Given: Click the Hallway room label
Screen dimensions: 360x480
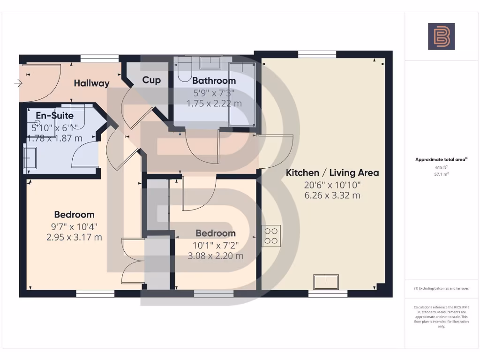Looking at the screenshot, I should click(x=91, y=83).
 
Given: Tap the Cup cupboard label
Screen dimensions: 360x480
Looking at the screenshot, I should click(x=151, y=80).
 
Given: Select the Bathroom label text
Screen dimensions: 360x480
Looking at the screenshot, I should click(x=214, y=81).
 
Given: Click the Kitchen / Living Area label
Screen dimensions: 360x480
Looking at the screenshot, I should click(x=332, y=172).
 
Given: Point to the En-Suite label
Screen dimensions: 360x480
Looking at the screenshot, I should click(x=54, y=115).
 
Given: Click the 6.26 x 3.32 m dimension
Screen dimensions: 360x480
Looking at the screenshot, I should click(x=332, y=195).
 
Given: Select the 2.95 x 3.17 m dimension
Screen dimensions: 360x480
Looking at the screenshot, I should click(x=74, y=237).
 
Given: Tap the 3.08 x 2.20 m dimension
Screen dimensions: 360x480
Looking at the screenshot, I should click(x=216, y=256).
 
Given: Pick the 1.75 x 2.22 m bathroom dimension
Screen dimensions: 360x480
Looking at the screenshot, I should click(x=214, y=104).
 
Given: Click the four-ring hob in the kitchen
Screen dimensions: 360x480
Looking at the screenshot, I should click(x=271, y=235).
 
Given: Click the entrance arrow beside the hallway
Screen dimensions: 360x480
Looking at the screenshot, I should click(x=18, y=83).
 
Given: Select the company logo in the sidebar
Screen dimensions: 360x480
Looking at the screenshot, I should click(x=441, y=37).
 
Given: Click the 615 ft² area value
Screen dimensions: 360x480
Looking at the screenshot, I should click(x=441, y=167).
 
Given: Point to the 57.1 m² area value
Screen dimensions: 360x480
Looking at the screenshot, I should click(x=441, y=174).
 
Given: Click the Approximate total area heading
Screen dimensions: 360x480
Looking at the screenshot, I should click(x=441, y=159).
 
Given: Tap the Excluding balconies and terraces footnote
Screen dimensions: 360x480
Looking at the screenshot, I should click(x=441, y=289).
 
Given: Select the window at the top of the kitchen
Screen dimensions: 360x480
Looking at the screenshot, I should click(x=317, y=54).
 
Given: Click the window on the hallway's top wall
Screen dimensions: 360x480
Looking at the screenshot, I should click(x=96, y=59).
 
